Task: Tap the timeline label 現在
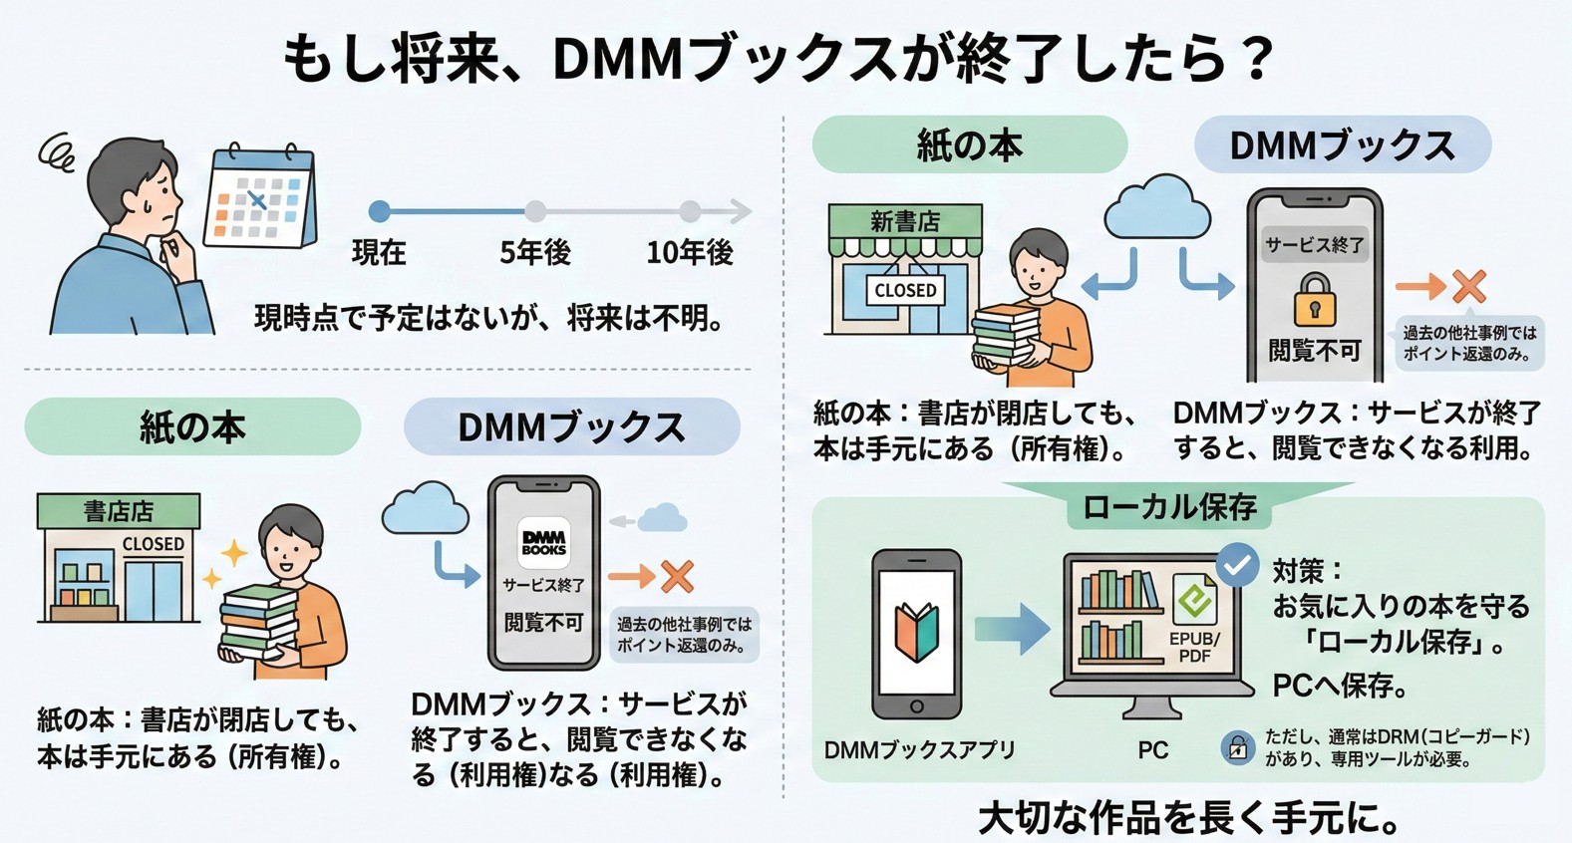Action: pyautogui.click(x=379, y=253)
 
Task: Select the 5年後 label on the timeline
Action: pyautogui.click(x=535, y=253)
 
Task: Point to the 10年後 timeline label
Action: pyautogui.click(x=690, y=253)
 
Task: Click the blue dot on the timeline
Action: pyautogui.click(x=379, y=211)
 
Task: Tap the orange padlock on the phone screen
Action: pyautogui.click(x=1314, y=300)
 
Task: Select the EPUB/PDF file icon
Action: pyautogui.click(x=1194, y=619)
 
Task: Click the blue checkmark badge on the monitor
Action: pyautogui.click(x=1237, y=566)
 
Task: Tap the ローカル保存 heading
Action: pyautogui.click(x=1169, y=508)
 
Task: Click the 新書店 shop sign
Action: pyautogui.click(x=905, y=221)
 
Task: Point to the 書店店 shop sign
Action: pyautogui.click(x=119, y=511)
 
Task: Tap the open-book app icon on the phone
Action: pyautogui.click(x=917, y=634)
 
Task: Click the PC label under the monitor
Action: pyautogui.click(x=1152, y=750)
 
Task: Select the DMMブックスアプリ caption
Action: pyautogui.click(x=919, y=750)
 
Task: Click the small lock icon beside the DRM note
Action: pyautogui.click(x=1237, y=747)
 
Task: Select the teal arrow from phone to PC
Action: pyautogui.click(x=1012, y=630)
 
